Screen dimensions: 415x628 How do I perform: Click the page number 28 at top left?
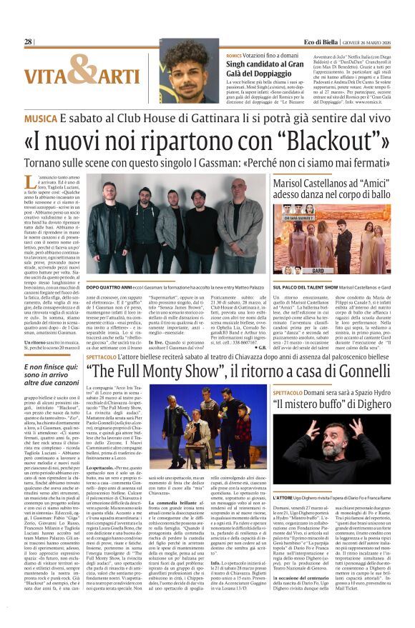point(29,42)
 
